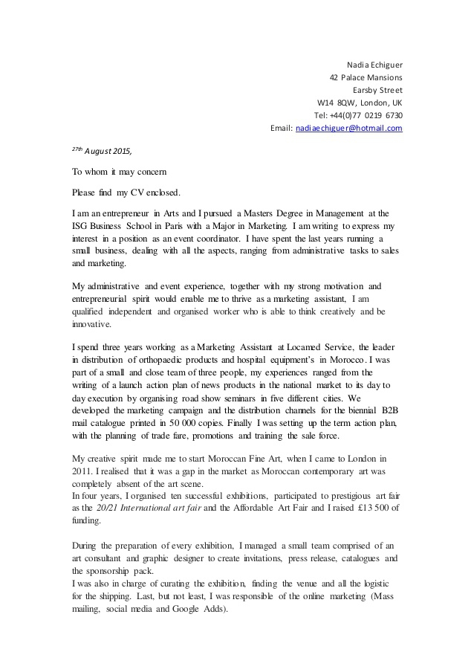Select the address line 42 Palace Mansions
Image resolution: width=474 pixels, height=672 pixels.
[x=366, y=77]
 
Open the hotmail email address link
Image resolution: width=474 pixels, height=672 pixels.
[x=348, y=128]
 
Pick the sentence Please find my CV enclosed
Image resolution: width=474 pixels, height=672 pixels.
[x=126, y=192]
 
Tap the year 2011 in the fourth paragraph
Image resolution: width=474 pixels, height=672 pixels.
[x=82, y=472]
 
